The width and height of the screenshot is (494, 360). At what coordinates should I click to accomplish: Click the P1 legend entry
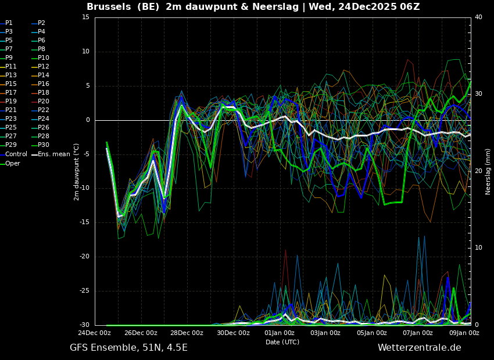pyautogui.click(x=6, y=23)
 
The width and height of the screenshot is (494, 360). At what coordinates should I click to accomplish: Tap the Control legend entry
pyautogui.click(x=14, y=154)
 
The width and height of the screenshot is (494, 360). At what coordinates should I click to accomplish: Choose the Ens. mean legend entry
pyautogui.click(x=51, y=154)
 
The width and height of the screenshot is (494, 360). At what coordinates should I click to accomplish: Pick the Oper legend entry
pyautogui.click(x=10, y=163)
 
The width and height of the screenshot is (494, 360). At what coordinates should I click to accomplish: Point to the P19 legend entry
pyautogui.click(x=9, y=102)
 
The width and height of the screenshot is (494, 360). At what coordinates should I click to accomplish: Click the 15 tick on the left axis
pyautogui.click(x=85, y=17)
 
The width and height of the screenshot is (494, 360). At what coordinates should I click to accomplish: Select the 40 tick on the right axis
pyautogui.click(x=478, y=17)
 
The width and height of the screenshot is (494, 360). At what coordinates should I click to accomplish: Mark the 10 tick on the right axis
pyautogui.click(x=478, y=248)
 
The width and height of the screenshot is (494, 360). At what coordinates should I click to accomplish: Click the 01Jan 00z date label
pyautogui.click(x=280, y=333)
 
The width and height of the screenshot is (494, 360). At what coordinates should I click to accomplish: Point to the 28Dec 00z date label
pyautogui.click(x=187, y=333)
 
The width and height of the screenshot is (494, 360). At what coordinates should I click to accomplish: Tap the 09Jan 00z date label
pyautogui.click(x=464, y=333)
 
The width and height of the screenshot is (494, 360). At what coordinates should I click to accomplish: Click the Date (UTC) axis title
pyautogui.click(x=282, y=342)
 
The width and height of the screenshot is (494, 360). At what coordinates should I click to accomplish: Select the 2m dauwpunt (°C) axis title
pyautogui.click(x=76, y=172)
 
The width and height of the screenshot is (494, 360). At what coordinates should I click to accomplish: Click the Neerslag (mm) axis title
pyautogui.click(x=488, y=172)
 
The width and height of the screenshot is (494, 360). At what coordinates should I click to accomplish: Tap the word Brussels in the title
pyautogui.click(x=109, y=6)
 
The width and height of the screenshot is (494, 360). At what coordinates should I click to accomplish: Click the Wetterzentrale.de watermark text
pyautogui.click(x=420, y=348)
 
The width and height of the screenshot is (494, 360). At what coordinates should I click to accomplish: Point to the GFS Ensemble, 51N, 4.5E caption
pyautogui.click(x=128, y=348)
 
